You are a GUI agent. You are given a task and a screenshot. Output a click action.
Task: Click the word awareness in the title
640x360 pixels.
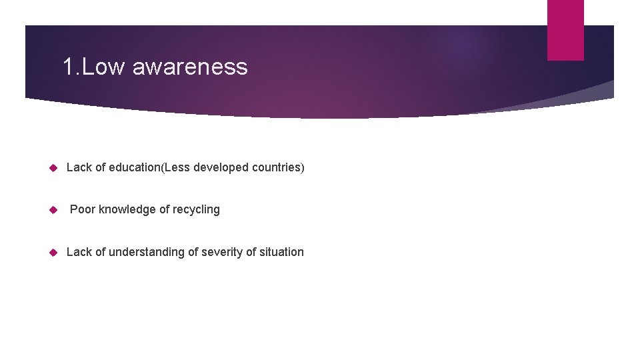pyautogui.click(x=190, y=67)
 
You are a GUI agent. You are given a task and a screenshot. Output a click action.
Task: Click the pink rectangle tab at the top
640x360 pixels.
pyautogui.click(x=565, y=29)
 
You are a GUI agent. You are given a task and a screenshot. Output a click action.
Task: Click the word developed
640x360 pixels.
pyautogui.click(x=221, y=167)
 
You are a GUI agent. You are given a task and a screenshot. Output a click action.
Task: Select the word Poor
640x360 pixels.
pyautogui.click(x=83, y=209)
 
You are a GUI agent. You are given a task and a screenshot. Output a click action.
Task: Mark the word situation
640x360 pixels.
pyautogui.click(x=278, y=252)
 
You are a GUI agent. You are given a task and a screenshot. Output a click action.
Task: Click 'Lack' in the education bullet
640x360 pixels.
pyautogui.click(x=79, y=167)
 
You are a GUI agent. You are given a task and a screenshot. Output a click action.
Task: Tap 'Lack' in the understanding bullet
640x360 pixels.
pyautogui.click(x=79, y=252)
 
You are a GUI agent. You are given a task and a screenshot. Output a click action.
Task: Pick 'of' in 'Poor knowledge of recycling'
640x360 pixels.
pyautogui.click(x=165, y=209)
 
